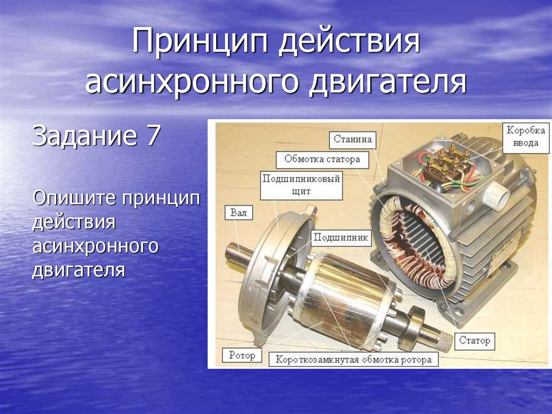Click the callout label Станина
point(353,140)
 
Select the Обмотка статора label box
point(322,160)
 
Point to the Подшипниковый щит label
point(301,186)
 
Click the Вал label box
point(239,213)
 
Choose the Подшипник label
point(341,238)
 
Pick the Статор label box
point(474,341)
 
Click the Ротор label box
point(242,355)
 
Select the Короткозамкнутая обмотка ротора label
point(354,360)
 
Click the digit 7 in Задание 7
point(153,136)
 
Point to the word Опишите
point(74,198)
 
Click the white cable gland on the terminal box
point(496,195)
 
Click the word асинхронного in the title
point(192,83)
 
